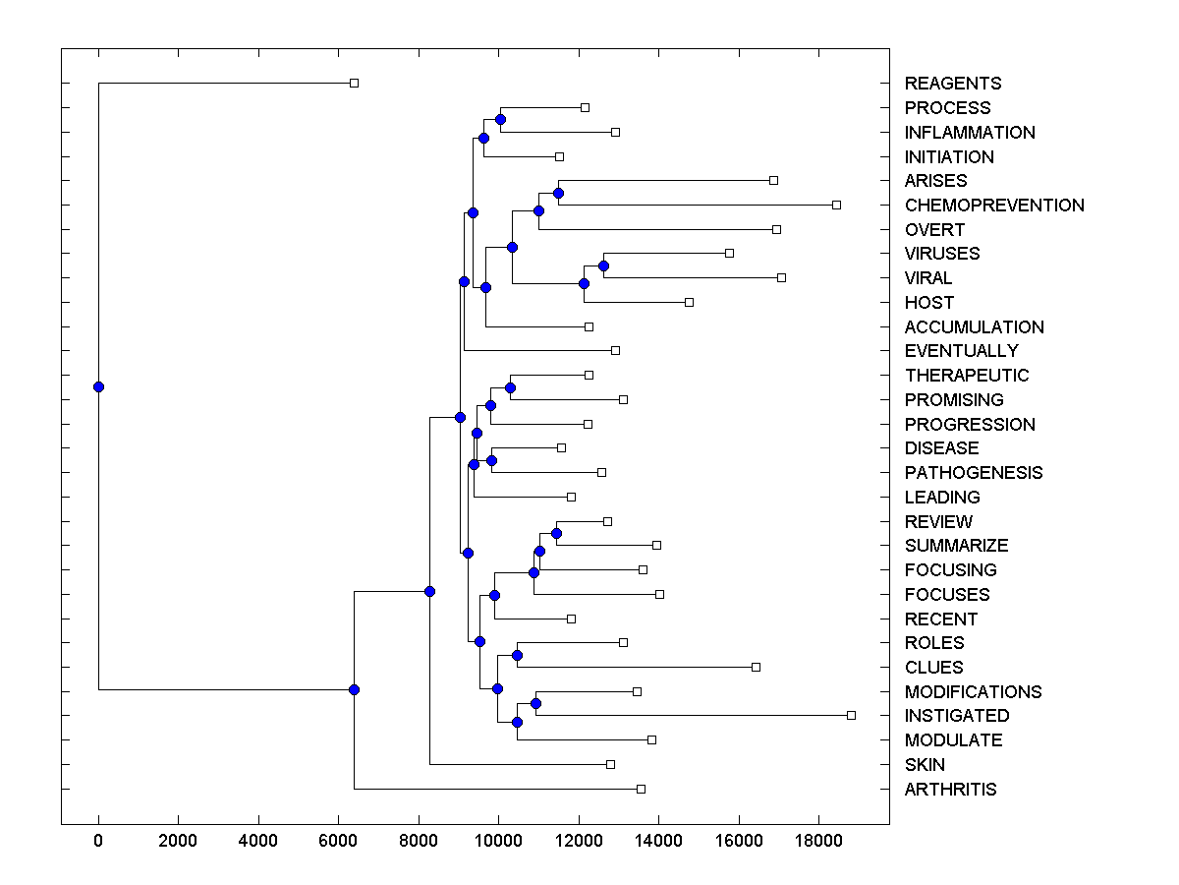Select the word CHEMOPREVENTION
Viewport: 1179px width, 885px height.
point(994,206)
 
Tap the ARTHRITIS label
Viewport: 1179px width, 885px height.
point(950,790)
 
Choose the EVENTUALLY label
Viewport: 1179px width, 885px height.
point(961,351)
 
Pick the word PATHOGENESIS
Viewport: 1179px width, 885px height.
point(974,473)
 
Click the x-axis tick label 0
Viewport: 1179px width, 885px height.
point(98,840)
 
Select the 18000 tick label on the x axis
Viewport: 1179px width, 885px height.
point(818,840)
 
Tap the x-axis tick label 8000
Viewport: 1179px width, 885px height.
point(419,840)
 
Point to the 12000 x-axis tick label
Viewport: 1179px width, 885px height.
point(579,840)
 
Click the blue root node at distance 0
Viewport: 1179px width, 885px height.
point(98,386)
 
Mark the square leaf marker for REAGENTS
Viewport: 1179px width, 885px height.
point(355,83)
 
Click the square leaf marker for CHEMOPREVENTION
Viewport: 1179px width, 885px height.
point(837,205)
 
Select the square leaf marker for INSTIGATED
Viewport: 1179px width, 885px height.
point(852,715)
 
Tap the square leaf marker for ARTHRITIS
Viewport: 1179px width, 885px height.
point(642,789)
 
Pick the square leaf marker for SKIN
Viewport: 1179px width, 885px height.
point(610,764)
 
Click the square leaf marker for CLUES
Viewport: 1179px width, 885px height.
point(756,667)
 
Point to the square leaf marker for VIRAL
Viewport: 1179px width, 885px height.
point(782,277)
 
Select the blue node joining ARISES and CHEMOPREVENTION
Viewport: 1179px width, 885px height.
point(558,193)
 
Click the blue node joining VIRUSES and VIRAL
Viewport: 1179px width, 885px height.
point(603,265)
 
